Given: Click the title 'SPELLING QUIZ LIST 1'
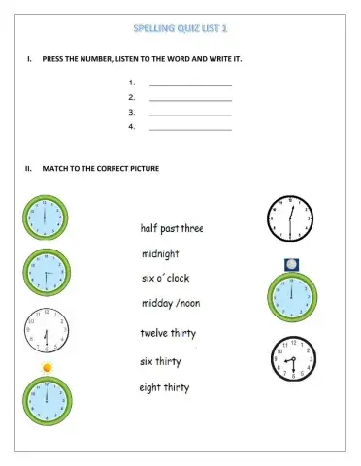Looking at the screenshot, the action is click(x=180, y=28).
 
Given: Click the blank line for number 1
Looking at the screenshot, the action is click(x=190, y=84).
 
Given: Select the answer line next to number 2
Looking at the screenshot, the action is click(x=190, y=98).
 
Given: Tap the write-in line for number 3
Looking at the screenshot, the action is click(x=190, y=113).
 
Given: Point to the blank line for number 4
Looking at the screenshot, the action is click(x=190, y=127).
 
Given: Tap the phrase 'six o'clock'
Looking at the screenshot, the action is click(x=166, y=278).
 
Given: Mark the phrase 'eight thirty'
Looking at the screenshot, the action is click(x=166, y=387).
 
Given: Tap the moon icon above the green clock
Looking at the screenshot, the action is click(x=291, y=264).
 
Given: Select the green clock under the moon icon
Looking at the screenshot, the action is click(x=291, y=297).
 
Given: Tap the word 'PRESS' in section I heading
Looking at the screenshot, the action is click(x=54, y=60).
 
